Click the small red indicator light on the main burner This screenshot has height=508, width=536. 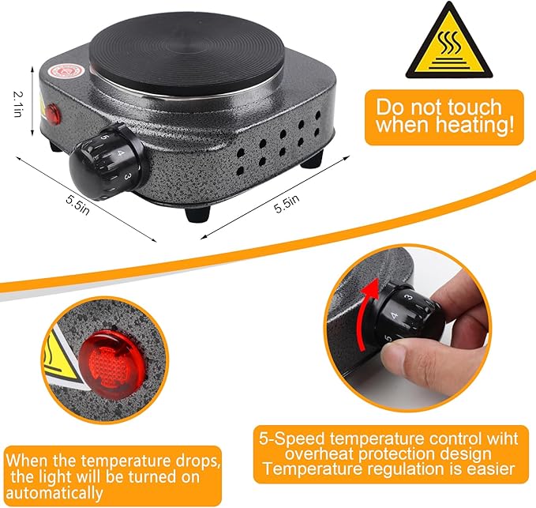tap(54, 112)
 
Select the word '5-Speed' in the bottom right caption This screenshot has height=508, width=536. tap(294, 437)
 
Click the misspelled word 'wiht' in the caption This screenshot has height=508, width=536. tap(495, 437)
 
